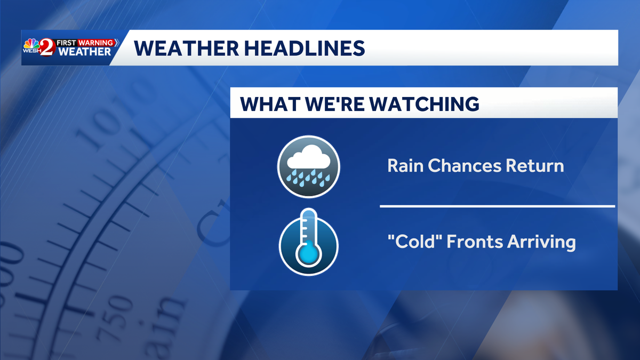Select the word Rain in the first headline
tap(405, 166)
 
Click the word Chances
tap(467, 166)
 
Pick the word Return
tap(537, 166)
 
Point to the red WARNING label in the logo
tap(97, 42)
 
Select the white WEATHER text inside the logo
tap(85, 52)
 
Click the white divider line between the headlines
tap(497, 205)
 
